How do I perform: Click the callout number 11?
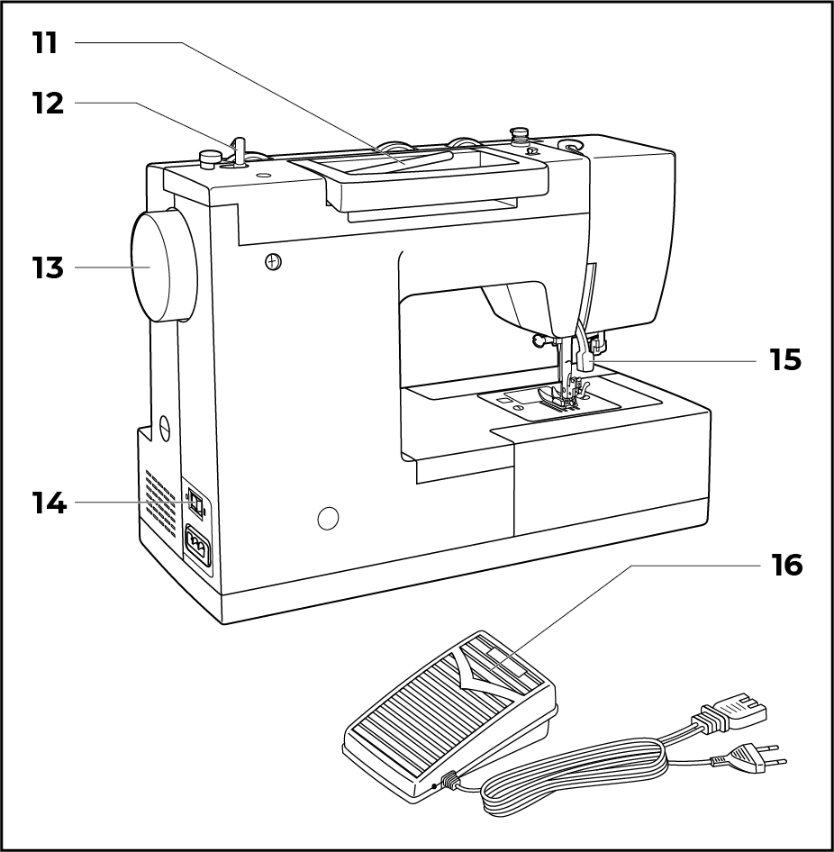click(45, 42)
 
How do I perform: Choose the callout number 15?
click(785, 359)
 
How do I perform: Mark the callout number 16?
click(786, 565)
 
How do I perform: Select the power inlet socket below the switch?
click(197, 544)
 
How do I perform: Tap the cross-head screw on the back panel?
click(274, 261)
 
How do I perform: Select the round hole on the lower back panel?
click(329, 517)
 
